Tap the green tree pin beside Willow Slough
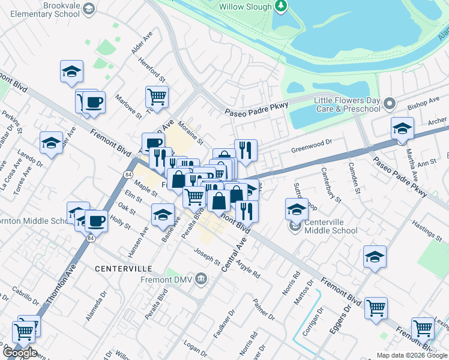click(x=280, y=6)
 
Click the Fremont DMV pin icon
click(x=201, y=278)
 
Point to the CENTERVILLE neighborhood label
click(x=123, y=268)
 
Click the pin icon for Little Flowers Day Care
click(x=390, y=104)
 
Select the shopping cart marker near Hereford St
click(x=157, y=96)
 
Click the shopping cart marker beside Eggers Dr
click(x=376, y=308)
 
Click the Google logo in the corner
click(x=19, y=352)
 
